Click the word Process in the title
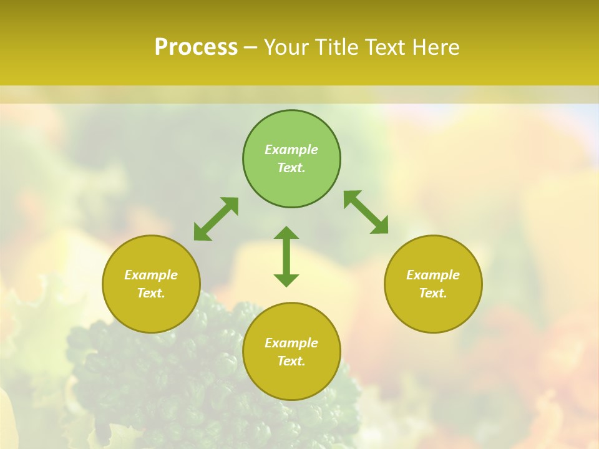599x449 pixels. tap(196, 47)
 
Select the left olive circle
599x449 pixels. tap(151, 312)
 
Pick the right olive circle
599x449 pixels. tap(433, 312)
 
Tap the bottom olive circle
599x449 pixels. tap(291, 380)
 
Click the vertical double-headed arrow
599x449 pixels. tap(286, 257)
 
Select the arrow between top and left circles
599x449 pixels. tap(216, 219)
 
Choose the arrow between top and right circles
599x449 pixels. tap(366, 212)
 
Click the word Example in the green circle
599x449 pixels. tap(291, 150)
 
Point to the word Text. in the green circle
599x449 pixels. tap(291, 168)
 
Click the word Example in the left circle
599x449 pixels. tap(151, 275)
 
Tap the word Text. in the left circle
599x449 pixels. tap(151, 293)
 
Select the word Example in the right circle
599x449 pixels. tap(433, 275)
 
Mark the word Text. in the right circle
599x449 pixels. tap(433, 293)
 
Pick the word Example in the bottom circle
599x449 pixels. tap(291, 343)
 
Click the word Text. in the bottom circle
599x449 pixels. tap(291, 361)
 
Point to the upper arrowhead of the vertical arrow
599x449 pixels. tap(286, 233)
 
